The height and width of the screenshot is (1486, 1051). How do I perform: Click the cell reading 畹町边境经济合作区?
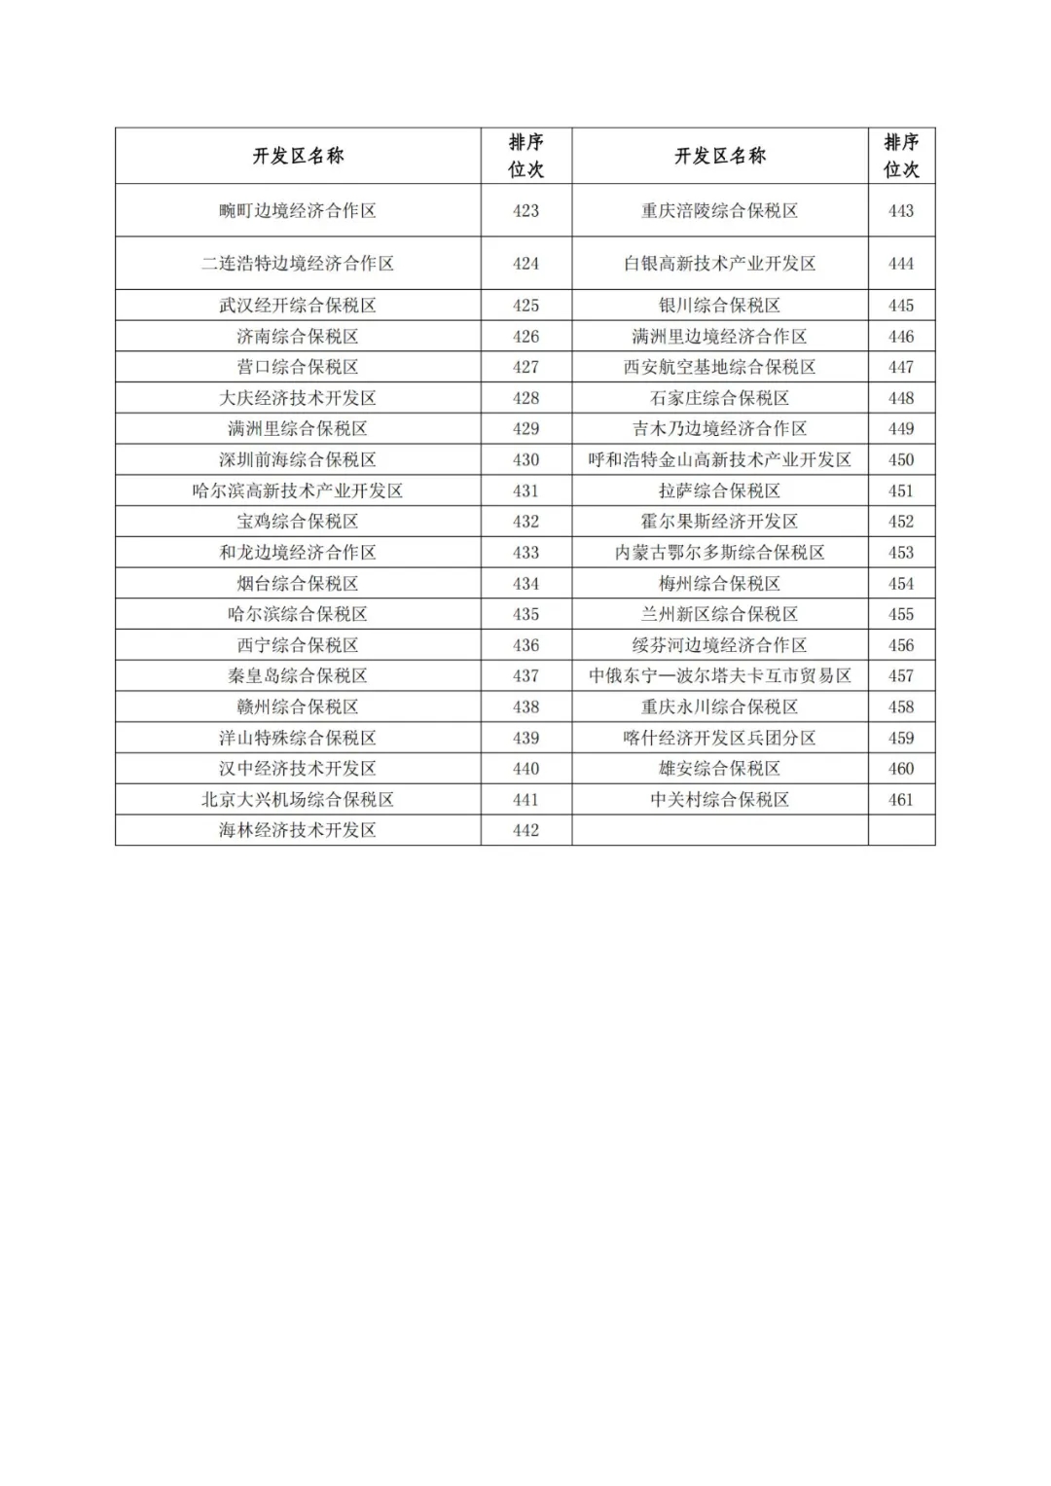297,210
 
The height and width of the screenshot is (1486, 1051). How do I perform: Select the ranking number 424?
525,263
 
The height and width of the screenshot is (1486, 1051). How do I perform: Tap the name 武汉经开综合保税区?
297,305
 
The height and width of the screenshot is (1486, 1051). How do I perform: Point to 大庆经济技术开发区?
297,397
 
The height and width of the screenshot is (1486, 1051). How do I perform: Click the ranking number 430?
525,459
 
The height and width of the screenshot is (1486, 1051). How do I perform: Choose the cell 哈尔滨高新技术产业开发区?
297,490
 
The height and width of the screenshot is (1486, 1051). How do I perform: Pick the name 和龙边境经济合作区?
297,552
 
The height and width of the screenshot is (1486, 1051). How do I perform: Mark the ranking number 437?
525,675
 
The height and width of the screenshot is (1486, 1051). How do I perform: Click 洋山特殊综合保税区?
297,738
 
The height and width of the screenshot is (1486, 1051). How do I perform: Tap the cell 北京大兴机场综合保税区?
297,799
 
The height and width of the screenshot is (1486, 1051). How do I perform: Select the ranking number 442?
525,830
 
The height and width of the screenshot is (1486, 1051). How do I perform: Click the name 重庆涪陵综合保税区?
719,210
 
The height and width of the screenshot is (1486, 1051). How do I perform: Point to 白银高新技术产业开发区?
719,263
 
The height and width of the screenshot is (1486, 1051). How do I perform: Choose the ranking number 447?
901,367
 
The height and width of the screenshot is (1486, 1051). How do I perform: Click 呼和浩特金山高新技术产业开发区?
719,459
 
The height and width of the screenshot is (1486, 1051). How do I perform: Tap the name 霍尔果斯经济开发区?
719,521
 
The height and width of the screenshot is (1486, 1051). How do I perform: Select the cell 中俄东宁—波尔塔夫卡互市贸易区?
719,675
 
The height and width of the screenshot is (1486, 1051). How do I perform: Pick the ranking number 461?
901,799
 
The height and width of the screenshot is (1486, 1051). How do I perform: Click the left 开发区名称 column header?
298,156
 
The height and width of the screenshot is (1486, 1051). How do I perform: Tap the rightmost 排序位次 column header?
901,156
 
